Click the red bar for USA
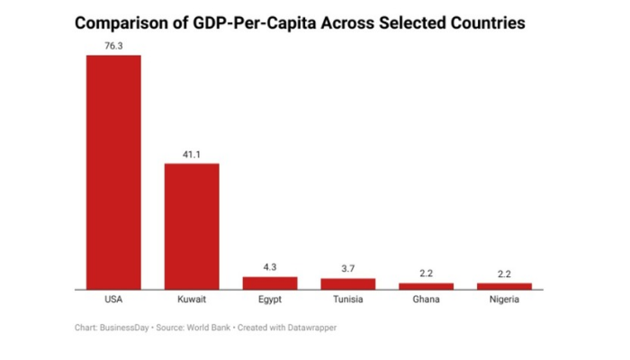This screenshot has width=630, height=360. coord(113,172)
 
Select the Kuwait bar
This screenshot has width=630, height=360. coord(192,226)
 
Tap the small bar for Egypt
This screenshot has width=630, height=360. coord(270,283)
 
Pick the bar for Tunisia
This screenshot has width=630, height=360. coord(348,283)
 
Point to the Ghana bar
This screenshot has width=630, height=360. coord(427,285)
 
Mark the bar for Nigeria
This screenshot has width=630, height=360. coord(505,285)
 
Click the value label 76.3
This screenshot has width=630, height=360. coord(113,44)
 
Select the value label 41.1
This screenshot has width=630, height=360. coord(192,153)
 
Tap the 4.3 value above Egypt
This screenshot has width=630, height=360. coord(270,266)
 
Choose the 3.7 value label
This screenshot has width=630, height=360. coord(348,268)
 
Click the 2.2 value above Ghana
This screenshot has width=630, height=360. coord(427,273)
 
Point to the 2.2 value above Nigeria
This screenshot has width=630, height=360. coord(505,273)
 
